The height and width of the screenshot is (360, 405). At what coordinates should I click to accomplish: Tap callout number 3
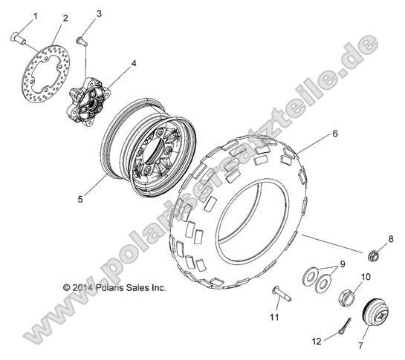(99, 14)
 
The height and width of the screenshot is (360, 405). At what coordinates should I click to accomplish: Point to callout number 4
(134, 64)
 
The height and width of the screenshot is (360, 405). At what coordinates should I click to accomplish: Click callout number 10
(365, 277)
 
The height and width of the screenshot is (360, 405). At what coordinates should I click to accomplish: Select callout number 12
(317, 341)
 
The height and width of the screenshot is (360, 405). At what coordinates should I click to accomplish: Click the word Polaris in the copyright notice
(109, 287)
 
